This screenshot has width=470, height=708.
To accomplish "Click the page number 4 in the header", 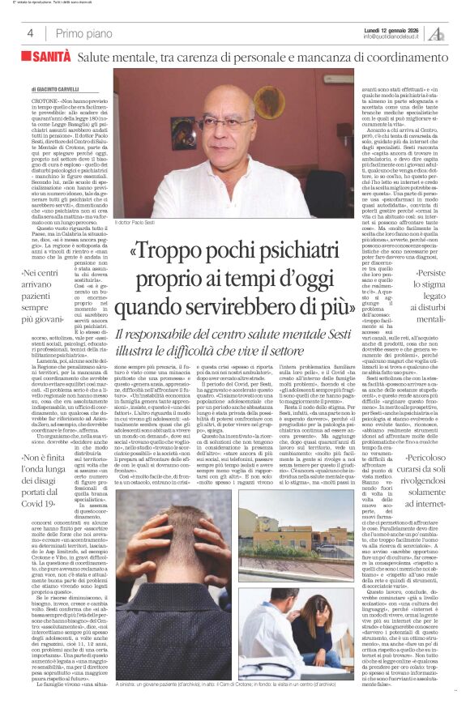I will pos(30,33).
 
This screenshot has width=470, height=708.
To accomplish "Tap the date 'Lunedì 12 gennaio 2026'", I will pos(394,29).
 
